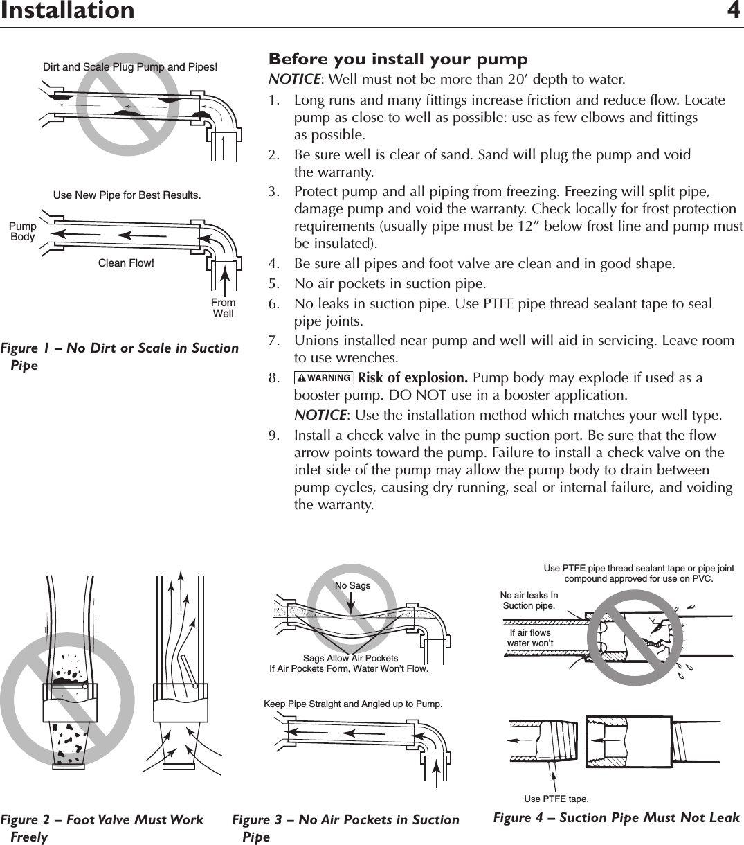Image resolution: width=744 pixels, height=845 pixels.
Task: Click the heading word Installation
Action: click(x=67, y=11)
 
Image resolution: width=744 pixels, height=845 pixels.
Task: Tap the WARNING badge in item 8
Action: click(x=323, y=378)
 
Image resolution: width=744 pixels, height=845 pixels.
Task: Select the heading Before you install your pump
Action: click(x=398, y=59)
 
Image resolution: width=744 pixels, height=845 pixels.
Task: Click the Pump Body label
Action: click(x=22, y=232)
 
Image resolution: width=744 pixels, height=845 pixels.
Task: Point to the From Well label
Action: click(x=223, y=308)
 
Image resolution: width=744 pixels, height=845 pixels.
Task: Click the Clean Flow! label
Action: click(x=126, y=263)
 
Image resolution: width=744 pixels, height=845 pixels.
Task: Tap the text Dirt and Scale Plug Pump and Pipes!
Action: click(x=130, y=67)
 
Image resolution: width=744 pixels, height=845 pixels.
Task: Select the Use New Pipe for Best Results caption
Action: click(x=127, y=195)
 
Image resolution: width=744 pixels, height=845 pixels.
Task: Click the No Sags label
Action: click(x=352, y=585)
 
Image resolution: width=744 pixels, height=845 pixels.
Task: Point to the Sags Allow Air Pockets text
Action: click(x=350, y=658)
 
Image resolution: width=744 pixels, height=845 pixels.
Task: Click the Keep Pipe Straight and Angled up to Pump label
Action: click(x=353, y=704)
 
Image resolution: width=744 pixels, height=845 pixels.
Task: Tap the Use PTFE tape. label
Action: click(x=556, y=799)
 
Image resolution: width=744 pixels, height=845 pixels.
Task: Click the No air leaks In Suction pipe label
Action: click(x=529, y=601)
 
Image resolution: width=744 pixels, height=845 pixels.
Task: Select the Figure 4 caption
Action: click(x=616, y=818)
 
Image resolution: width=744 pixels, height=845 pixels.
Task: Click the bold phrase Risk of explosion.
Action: click(x=413, y=378)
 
